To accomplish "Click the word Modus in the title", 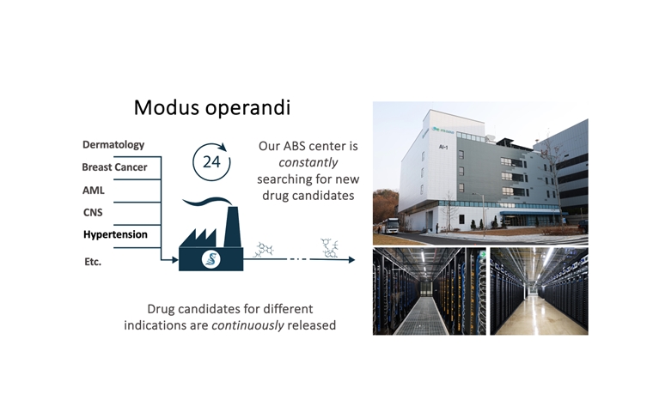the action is [x=167, y=107].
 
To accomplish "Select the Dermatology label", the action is [x=113, y=145].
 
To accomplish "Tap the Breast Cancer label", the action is [x=114, y=167].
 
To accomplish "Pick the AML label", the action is [x=94, y=191].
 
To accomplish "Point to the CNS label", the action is [x=93, y=212].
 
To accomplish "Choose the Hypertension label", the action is [x=115, y=234].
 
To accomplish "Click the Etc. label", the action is [x=93, y=262].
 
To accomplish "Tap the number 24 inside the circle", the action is [x=211, y=162].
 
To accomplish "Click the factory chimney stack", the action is [x=232, y=226].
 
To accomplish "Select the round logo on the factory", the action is [x=211, y=259].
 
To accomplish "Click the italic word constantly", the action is [x=308, y=162].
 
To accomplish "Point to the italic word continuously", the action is [x=247, y=325].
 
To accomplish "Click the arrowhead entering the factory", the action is [x=175, y=260].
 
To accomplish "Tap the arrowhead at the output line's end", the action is [x=352, y=260].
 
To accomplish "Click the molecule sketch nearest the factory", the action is [x=263, y=250].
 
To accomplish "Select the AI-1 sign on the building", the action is [x=443, y=147].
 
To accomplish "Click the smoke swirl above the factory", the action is [x=207, y=202].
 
